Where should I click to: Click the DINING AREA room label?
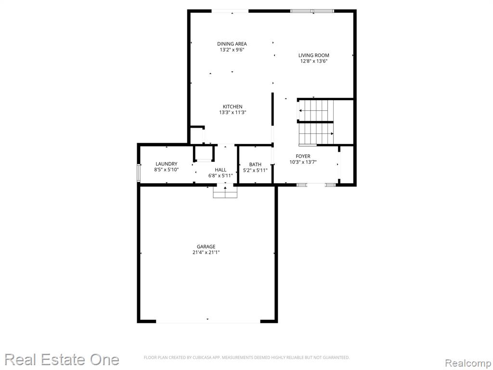(x=232, y=44)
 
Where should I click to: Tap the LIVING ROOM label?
(x=314, y=55)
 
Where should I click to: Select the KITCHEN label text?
(x=233, y=106)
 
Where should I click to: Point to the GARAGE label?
(x=206, y=247)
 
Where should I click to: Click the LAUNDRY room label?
(x=166, y=164)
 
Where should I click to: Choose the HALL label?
(x=221, y=170)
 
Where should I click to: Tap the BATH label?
(x=255, y=165)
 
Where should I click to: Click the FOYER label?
(x=303, y=157)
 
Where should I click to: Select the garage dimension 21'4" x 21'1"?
(x=206, y=252)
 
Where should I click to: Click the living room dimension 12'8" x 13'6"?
(x=314, y=61)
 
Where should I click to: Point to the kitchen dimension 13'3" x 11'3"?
(x=233, y=112)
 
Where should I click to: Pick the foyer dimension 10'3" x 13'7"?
(x=303, y=162)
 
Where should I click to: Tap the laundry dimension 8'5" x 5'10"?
(x=166, y=170)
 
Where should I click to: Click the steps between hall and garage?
(x=225, y=192)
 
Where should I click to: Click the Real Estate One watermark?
(x=62, y=359)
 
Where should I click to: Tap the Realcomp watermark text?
(x=468, y=363)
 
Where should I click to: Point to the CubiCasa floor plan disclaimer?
(x=247, y=357)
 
